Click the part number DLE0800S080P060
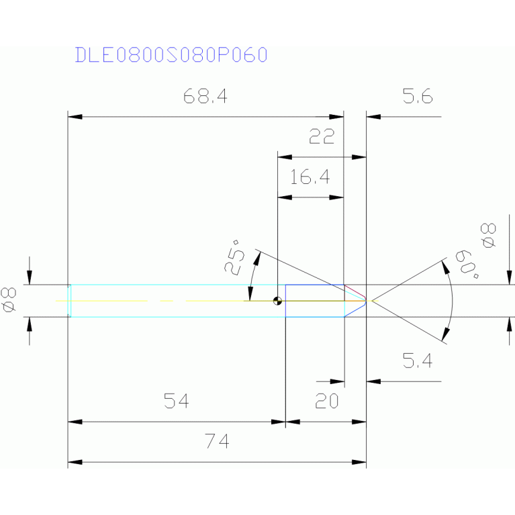tap(171, 54)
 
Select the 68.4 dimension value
tap(205, 97)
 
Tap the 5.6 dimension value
tap(418, 97)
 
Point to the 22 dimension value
tap(322, 138)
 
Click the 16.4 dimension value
tap(310, 177)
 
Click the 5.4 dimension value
tap(417, 362)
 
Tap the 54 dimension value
tap(177, 402)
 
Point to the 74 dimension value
tap(218, 442)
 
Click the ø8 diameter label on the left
tap(9, 299)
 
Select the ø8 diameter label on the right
tap(489, 235)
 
